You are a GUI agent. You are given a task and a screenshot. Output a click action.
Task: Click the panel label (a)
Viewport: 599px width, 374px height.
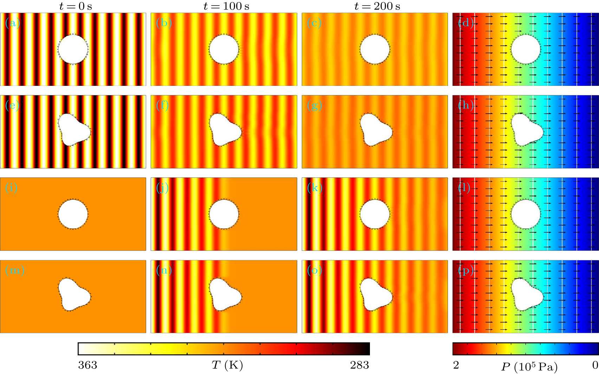tap(13, 23)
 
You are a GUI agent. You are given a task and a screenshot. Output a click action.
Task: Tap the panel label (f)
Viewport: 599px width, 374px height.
tap(162, 105)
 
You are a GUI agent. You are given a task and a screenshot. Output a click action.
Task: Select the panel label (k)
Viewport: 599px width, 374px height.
tap(314, 188)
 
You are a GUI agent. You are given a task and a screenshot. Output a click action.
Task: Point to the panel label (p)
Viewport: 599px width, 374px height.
tap(466, 270)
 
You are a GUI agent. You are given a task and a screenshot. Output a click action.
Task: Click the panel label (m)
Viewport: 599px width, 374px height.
tap(15, 270)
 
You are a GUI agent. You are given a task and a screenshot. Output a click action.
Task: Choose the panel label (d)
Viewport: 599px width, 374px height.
tap(466, 23)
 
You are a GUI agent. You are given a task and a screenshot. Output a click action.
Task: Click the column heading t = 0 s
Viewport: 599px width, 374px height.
tap(75, 6)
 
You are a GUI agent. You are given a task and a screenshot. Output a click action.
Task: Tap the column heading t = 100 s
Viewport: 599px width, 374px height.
tap(226, 6)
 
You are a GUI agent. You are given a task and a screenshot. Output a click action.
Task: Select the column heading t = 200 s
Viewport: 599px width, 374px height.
tap(377, 6)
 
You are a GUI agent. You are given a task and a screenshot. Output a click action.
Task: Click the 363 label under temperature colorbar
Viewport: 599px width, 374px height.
tap(87, 365)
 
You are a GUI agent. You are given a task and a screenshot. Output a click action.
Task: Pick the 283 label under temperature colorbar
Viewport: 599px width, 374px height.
tap(359, 365)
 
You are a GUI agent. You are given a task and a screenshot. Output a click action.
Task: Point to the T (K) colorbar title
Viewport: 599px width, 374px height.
tap(227, 366)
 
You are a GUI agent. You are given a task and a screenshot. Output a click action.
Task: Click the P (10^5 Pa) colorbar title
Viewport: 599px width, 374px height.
tap(529, 367)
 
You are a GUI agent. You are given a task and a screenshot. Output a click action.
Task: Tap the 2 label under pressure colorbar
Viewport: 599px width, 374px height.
tap(456, 365)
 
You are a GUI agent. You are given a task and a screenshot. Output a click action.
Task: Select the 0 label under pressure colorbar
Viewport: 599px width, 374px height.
tap(595, 365)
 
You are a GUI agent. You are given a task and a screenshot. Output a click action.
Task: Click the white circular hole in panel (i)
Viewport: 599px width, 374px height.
tap(73, 214)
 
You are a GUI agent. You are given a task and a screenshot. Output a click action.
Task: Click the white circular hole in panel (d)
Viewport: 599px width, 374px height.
tap(526, 50)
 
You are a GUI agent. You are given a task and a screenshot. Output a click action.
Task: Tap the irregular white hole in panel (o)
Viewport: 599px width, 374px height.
tap(374, 295)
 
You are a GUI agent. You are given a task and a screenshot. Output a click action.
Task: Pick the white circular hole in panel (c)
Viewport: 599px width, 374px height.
tap(375, 50)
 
